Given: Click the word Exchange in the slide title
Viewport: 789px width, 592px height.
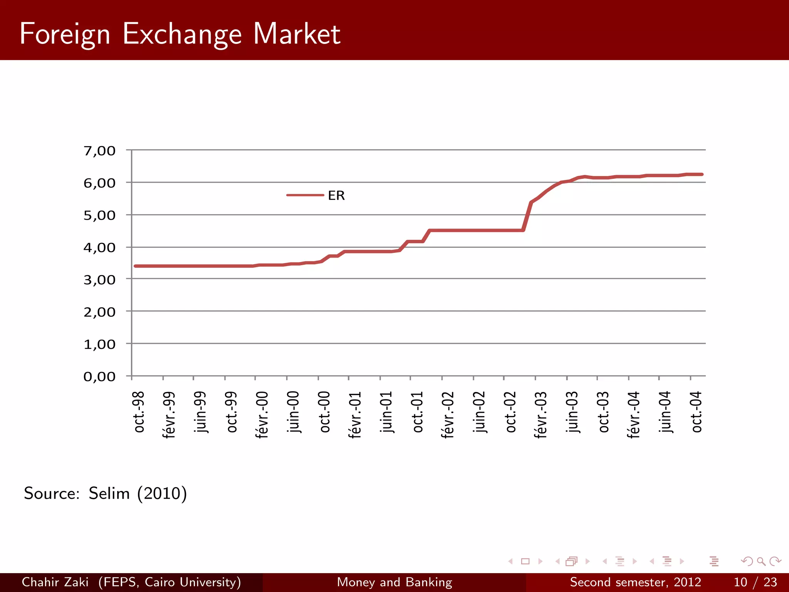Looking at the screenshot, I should point(182,34).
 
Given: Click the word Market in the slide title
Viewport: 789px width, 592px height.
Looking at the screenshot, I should point(297,34).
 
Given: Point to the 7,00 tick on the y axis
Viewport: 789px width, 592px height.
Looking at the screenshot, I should point(99,151).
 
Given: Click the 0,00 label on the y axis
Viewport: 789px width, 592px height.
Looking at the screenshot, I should point(99,376).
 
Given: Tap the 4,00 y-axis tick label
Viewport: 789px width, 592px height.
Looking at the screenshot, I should point(99,247).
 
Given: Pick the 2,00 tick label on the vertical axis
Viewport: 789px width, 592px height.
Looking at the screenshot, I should point(99,312).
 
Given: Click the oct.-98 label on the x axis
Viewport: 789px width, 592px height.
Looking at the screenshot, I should point(139,412).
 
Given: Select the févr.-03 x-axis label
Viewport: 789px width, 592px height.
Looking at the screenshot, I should point(541,415).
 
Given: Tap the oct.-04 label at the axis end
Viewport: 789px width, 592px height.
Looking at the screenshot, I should point(697,412).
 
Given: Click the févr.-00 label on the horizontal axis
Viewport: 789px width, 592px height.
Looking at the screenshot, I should point(262,415).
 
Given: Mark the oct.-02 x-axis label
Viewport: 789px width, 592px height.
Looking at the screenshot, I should point(510,412).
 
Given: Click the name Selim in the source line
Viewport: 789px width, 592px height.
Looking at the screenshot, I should point(109,493).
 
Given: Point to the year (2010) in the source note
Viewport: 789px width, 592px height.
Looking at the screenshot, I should point(162,493).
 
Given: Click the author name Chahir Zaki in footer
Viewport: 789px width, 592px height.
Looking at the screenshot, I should point(55,582).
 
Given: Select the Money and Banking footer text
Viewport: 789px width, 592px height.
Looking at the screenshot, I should point(394,582).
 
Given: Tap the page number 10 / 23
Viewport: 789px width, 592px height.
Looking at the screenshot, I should point(755,582).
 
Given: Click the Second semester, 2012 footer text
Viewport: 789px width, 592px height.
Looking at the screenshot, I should point(635,582).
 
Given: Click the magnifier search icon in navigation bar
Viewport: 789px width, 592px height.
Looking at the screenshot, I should point(761,562).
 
